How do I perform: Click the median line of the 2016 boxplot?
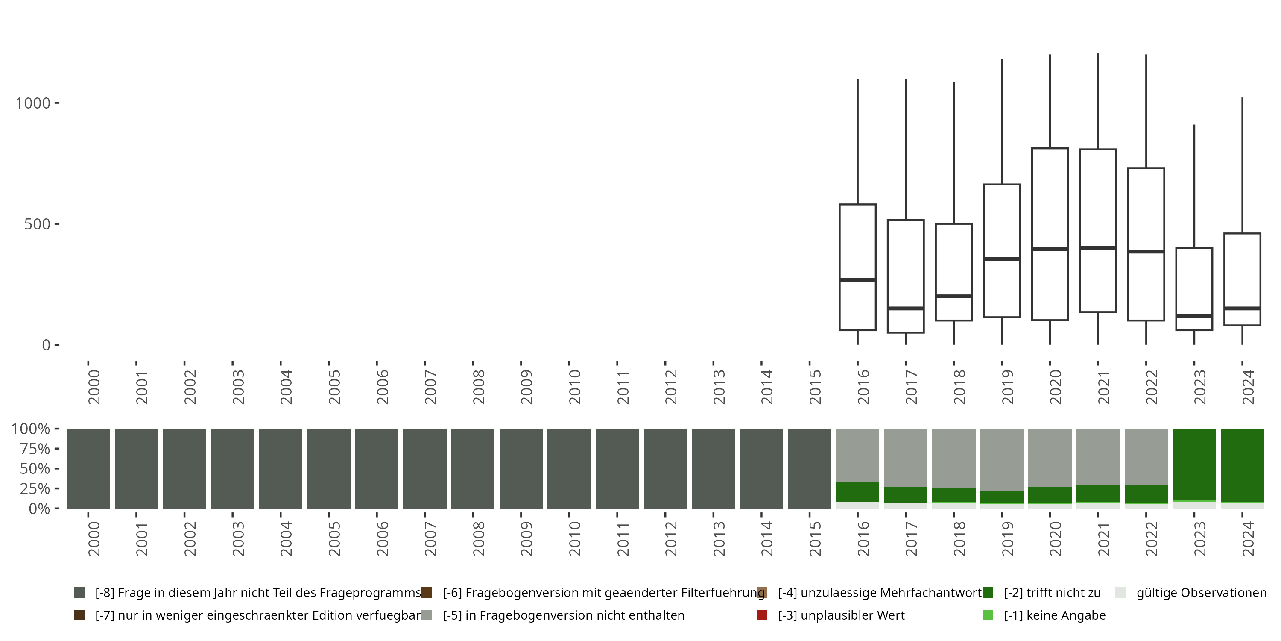(857, 280)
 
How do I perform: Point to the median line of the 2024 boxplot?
(1242, 309)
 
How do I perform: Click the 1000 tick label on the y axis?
(33, 103)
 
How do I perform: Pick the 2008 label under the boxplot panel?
(478, 387)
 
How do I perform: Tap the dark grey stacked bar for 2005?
(329, 468)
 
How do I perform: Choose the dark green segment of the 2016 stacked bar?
(857, 492)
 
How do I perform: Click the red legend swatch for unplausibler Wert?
(761, 615)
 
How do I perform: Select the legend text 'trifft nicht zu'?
(1052, 593)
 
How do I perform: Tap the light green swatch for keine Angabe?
(988, 615)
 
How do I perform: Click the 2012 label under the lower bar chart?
(670, 539)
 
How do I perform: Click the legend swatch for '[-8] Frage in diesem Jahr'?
(79, 593)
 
